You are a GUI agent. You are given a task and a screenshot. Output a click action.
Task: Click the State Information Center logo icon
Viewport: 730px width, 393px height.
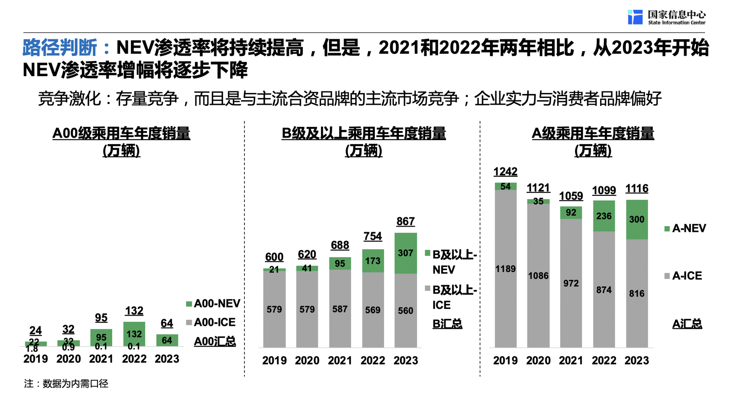(x=635, y=17)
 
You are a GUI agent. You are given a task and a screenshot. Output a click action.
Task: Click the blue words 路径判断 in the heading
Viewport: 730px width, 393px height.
(x=60, y=48)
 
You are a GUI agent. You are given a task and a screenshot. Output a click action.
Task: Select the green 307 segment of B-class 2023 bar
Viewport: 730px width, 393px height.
(x=406, y=253)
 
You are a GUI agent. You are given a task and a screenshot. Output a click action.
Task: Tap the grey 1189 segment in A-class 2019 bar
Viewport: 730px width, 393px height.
(x=505, y=269)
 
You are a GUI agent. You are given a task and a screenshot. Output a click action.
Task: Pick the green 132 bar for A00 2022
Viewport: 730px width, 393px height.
(x=134, y=333)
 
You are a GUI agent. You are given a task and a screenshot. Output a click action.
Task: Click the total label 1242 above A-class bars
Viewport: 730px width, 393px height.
(x=505, y=172)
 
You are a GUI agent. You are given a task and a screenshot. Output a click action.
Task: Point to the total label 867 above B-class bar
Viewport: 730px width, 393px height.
(x=406, y=221)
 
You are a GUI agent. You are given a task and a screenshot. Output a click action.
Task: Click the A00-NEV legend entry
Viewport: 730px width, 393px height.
(x=213, y=304)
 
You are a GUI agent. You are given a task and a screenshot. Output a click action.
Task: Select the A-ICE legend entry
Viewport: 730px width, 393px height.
(x=683, y=276)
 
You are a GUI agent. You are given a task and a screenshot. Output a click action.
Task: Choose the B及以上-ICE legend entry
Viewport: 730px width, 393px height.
(x=450, y=297)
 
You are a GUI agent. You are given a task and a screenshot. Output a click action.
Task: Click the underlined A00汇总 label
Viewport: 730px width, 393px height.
(x=215, y=341)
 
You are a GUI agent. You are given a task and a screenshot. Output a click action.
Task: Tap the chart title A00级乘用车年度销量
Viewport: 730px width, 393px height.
(x=121, y=133)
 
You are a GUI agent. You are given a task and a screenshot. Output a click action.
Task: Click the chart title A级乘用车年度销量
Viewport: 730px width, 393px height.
(x=593, y=133)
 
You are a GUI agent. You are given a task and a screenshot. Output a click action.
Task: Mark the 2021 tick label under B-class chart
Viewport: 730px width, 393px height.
(x=340, y=361)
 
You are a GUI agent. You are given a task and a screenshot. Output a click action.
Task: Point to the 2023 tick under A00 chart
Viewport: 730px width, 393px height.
(x=167, y=359)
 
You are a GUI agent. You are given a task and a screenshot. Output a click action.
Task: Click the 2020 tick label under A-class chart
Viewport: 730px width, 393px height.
(x=538, y=361)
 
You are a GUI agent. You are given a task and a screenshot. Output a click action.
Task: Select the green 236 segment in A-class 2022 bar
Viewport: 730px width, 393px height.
(x=604, y=216)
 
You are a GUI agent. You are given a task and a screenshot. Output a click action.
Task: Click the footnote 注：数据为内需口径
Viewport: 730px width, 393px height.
(x=66, y=384)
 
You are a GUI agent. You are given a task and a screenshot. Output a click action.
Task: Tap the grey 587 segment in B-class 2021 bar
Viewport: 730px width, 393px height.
(x=340, y=309)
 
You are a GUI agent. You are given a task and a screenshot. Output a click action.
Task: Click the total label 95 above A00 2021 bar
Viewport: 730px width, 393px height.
(x=101, y=318)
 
